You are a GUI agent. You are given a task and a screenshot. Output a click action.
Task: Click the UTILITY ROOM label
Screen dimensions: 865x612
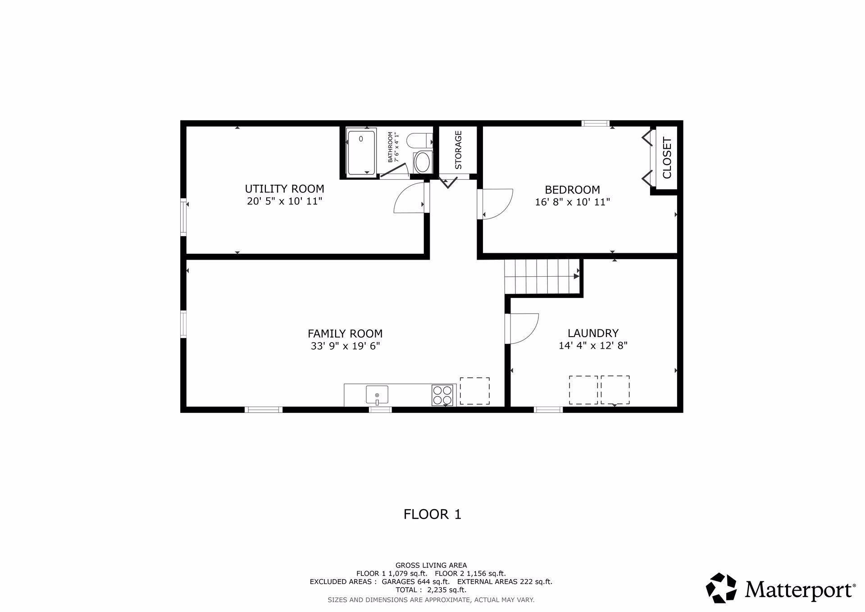click(284, 188)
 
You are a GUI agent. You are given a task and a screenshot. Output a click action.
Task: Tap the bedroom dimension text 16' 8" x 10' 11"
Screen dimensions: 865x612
click(572, 202)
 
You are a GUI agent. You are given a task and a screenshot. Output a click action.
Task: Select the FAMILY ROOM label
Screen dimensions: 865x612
click(345, 333)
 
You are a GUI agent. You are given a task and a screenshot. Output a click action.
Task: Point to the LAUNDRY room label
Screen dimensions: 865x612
click(593, 333)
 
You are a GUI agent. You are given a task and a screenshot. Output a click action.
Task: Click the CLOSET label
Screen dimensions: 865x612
click(667, 158)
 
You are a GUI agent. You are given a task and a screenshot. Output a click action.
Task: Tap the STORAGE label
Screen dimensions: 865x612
click(458, 150)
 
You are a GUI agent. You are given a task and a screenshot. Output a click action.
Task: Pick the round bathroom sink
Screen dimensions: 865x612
click(422, 162)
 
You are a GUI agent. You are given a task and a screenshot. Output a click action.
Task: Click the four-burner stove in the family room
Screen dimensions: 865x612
click(442, 395)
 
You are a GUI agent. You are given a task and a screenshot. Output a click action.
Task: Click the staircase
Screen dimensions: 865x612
click(542, 276)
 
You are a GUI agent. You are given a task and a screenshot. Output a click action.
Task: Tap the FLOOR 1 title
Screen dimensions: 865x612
click(432, 514)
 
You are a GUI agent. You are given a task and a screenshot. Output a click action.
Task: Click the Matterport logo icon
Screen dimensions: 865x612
click(721, 588)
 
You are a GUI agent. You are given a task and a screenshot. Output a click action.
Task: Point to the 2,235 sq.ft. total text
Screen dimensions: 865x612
click(446, 590)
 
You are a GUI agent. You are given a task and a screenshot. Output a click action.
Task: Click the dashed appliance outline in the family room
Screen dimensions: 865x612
click(474, 391)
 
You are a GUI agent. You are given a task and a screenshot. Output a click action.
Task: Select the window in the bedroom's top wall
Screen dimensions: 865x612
click(595, 123)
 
